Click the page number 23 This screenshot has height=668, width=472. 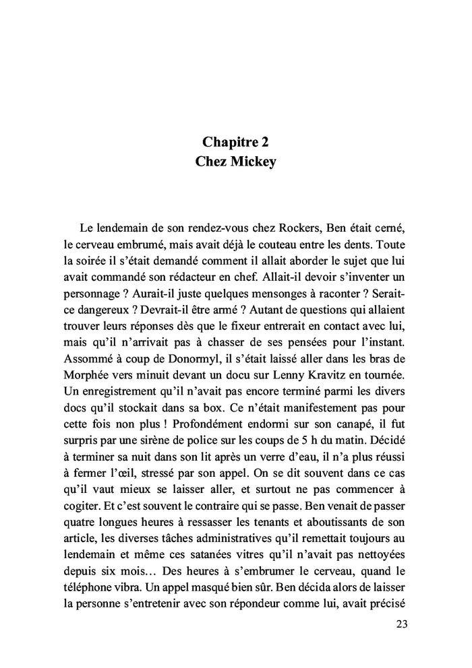click(401, 624)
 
